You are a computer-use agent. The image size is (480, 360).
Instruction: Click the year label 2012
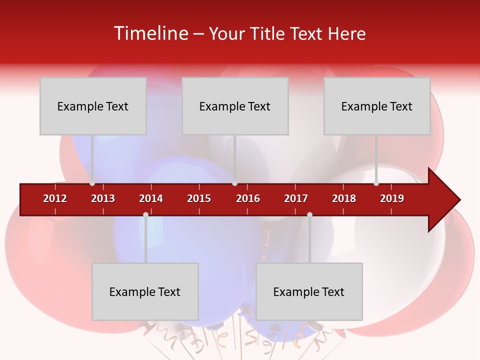[55, 198]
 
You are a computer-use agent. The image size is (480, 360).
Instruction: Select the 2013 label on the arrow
[103, 198]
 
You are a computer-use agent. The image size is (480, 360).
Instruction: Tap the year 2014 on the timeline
[151, 198]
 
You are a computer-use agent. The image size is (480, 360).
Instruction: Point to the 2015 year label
[199, 198]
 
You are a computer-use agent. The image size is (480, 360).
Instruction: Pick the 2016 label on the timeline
[248, 198]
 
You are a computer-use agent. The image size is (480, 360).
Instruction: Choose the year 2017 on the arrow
[296, 198]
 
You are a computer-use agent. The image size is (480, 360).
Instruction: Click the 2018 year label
[344, 198]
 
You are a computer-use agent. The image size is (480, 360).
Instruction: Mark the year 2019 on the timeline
[392, 198]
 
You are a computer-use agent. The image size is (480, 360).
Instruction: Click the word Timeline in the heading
[150, 33]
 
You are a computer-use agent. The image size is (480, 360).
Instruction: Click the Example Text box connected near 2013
[93, 106]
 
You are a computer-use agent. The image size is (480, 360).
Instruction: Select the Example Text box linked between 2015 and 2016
[235, 106]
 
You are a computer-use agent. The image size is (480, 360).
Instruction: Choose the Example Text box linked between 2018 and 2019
[377, 106]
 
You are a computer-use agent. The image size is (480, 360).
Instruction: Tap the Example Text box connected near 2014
[145, 291]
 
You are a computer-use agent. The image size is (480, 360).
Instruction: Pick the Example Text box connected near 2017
[309, 291]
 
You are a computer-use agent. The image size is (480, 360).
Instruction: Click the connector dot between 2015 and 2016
[234, 183]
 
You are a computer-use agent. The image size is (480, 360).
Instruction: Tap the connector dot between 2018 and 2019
[376, 183]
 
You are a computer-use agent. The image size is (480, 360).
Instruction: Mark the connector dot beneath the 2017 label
[309, 214]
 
